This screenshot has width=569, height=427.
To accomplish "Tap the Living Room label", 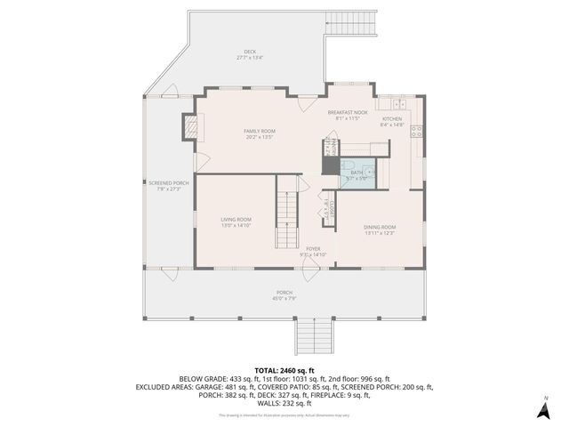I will click(236, 220).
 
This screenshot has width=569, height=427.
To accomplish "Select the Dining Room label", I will click(380, 227).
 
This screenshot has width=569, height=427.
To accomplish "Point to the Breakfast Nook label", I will click(347, 112).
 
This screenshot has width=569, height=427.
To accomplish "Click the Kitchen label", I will click(392, 118).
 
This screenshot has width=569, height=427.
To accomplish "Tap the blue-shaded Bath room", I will click(358, 173).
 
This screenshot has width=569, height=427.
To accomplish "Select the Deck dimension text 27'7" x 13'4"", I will click(250, 58).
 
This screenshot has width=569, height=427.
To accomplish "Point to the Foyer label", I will click(313, 248).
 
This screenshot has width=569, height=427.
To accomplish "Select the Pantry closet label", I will click(328, 147).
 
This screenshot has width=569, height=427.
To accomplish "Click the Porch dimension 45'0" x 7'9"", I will click(284, 299).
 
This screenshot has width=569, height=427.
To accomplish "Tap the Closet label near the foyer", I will click(326, 211).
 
